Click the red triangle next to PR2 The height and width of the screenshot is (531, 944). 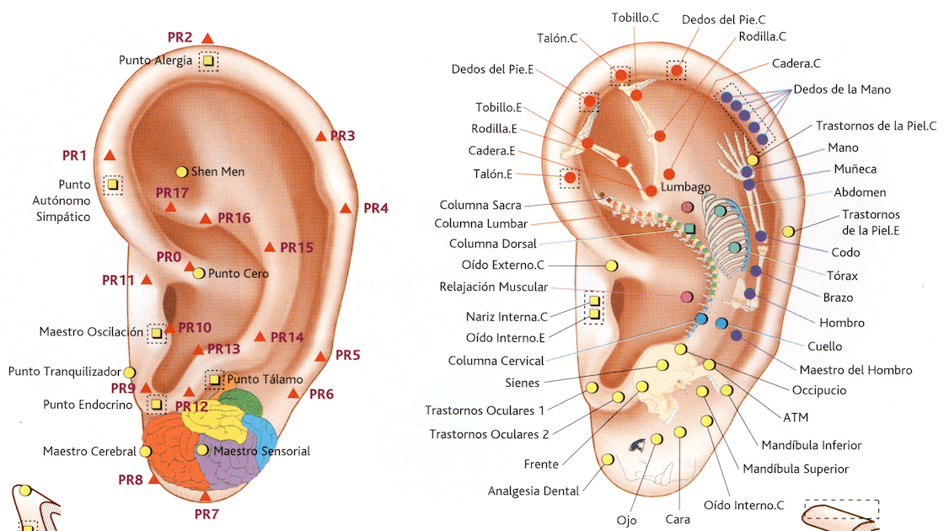(x=207, y=38)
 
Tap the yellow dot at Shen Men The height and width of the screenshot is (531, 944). (x=181, y=172)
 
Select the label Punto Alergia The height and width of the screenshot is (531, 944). (x=155, y=61)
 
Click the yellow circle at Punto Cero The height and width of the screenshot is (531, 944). (x=199, y=273)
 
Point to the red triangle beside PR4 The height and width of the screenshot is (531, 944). (x=346, y=208)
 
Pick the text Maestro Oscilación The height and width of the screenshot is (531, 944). (x=91, y=332)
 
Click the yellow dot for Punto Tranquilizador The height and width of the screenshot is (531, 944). (x=129, y=372)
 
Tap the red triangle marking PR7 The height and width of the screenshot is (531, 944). (x=204, y=496)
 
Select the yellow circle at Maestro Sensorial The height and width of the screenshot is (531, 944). (x=202, y=450)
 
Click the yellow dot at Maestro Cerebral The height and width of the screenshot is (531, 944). (x=145, y=452)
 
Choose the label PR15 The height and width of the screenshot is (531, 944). (x=297, y=248)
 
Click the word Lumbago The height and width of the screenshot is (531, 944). (x=686, y=186)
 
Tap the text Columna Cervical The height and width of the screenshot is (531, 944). (x=496, y=361)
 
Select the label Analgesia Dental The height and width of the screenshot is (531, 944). (x=533, y=491)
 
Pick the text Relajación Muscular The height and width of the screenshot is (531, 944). (x=493, y=287)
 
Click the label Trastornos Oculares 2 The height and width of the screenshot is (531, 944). (x=489, y=434)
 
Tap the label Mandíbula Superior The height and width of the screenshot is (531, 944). (x=795, y=469)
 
